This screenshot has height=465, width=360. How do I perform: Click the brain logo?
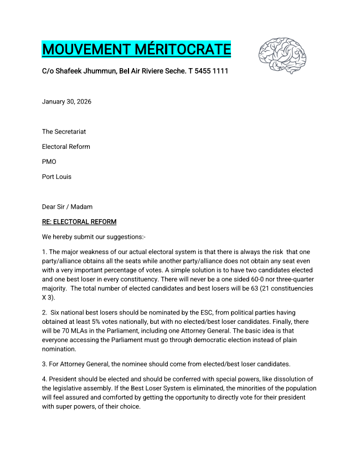(282, 56)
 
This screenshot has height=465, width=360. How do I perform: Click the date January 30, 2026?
(66, 102)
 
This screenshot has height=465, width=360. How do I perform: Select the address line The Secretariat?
(64, 132)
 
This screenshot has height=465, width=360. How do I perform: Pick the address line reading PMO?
(49, 162)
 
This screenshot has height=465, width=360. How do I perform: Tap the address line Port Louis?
(56, 177)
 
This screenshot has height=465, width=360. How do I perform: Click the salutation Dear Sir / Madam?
(67, 207)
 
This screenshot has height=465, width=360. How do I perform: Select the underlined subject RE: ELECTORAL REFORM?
(79, 222)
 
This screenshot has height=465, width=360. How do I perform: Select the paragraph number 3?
(44, 364)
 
